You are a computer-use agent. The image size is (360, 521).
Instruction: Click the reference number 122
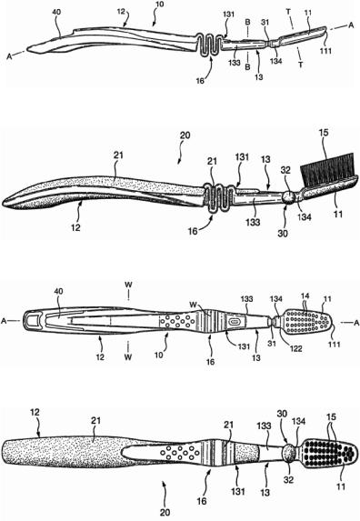coord(295,348)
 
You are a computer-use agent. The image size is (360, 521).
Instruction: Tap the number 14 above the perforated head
coord(305,296)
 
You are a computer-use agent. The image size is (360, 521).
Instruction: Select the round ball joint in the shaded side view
coord(288,196)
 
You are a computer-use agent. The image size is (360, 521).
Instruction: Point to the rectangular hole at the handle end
coord(32,321)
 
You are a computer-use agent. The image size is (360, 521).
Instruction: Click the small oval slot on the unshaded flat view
coord(235,322)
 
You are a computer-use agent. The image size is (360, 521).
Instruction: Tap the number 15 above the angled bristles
coord(323,133)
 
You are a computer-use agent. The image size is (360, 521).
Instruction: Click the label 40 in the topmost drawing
coord(56,13)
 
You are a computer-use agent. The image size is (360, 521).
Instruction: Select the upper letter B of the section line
coord(248,22)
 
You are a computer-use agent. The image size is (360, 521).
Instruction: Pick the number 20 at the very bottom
coord(165,512)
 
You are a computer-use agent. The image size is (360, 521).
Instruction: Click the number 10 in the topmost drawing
coord(159,5)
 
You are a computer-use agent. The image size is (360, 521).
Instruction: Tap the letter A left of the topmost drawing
coord(9,56)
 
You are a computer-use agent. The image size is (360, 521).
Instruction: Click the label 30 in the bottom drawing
coord(283,414)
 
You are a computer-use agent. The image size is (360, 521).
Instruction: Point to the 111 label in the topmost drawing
coord(325,51)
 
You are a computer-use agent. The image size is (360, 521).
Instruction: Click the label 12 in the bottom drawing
coord(35,413)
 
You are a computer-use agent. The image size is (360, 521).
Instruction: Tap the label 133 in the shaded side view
coord(253,221)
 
